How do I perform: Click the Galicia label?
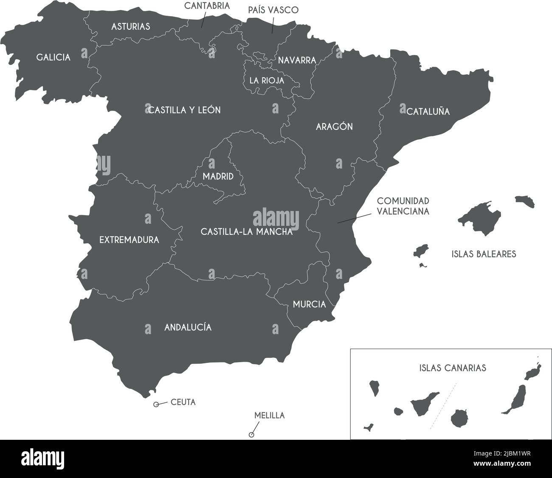[x=54, y=57]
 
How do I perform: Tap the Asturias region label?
[x=130, y=26]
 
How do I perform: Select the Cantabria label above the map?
[x=207, y=6]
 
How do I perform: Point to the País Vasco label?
[x=273, y=10]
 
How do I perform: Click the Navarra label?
[x=297, y=60]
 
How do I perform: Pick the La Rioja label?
[x=267, y=80]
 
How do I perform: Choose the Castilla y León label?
[x=184, y=110]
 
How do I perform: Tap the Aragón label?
[x=334, y=127]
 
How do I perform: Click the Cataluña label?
[x=428, y=112]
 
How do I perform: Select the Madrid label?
[x=218, y=176]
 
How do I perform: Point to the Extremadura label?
[x=129, y=240]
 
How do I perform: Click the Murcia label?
[x=310, y=304]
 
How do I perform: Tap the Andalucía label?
[x=188, y=327]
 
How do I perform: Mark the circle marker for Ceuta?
[x=156, y=405]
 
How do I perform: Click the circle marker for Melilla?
[x=251, y=435]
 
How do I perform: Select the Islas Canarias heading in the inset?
[x=452, y=368]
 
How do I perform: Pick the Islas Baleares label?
[x=484, y=254]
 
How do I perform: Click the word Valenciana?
[x=403, y=211]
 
